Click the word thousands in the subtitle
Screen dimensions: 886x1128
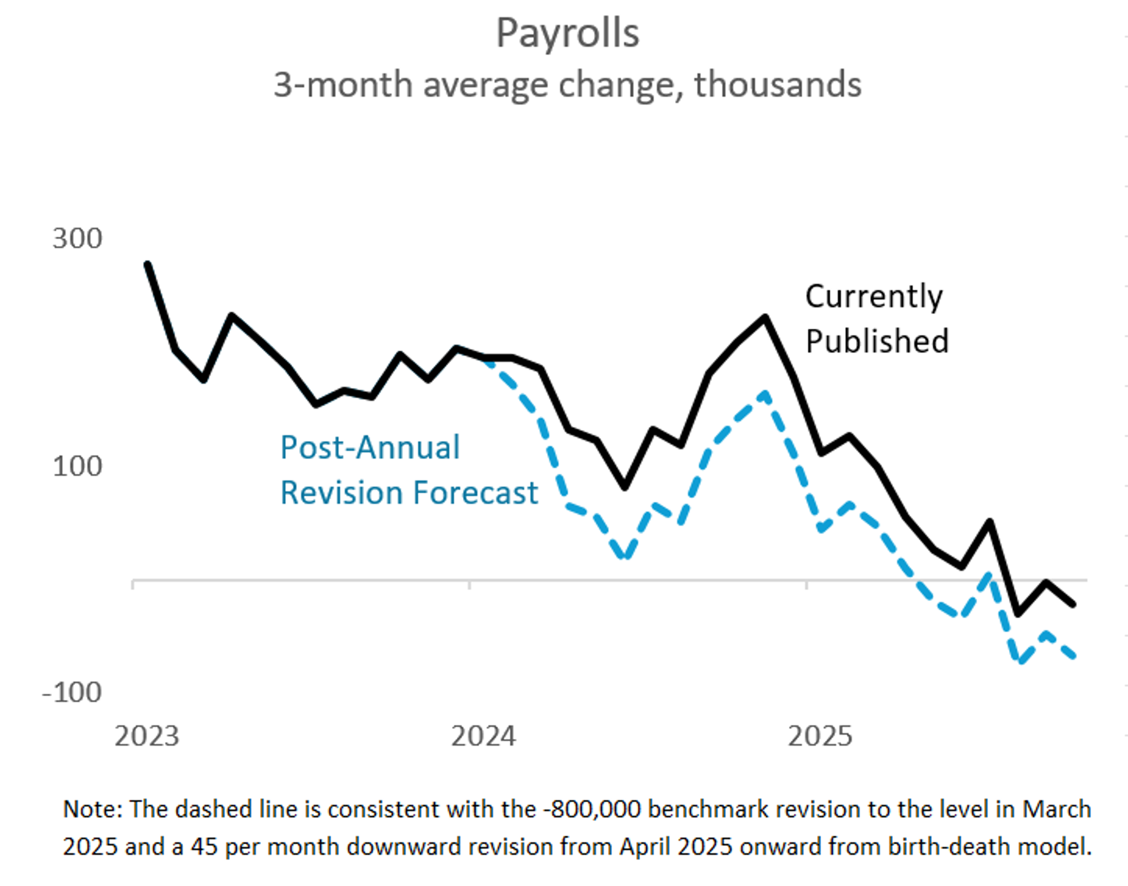pos(778,85)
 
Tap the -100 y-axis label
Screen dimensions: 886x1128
pos(72,692)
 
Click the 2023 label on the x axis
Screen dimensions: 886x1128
pos(147,736)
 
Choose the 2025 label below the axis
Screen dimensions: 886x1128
pos(820,736)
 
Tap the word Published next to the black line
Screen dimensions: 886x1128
pos(877,342)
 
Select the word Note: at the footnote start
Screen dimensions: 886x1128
pos(93,810)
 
